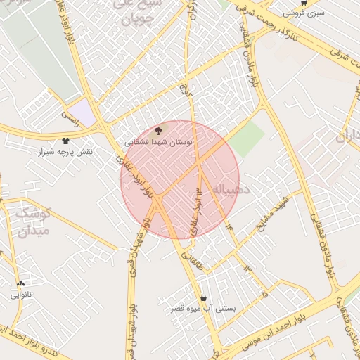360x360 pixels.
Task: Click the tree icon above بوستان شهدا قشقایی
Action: [x=157, y=130]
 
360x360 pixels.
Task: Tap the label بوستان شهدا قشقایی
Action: [x=159, y=142]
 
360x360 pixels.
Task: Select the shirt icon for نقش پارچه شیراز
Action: [x=66, y=141]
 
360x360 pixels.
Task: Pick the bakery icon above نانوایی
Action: [x=20, y=284]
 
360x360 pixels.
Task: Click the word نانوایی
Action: [x=21, y=295]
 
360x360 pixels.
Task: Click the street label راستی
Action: [x=68, y=115]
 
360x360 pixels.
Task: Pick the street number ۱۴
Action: [x=229, y=226]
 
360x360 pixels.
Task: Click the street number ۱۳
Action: [x=247, y=268]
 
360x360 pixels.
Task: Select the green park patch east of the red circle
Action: [x=246, y=140]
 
